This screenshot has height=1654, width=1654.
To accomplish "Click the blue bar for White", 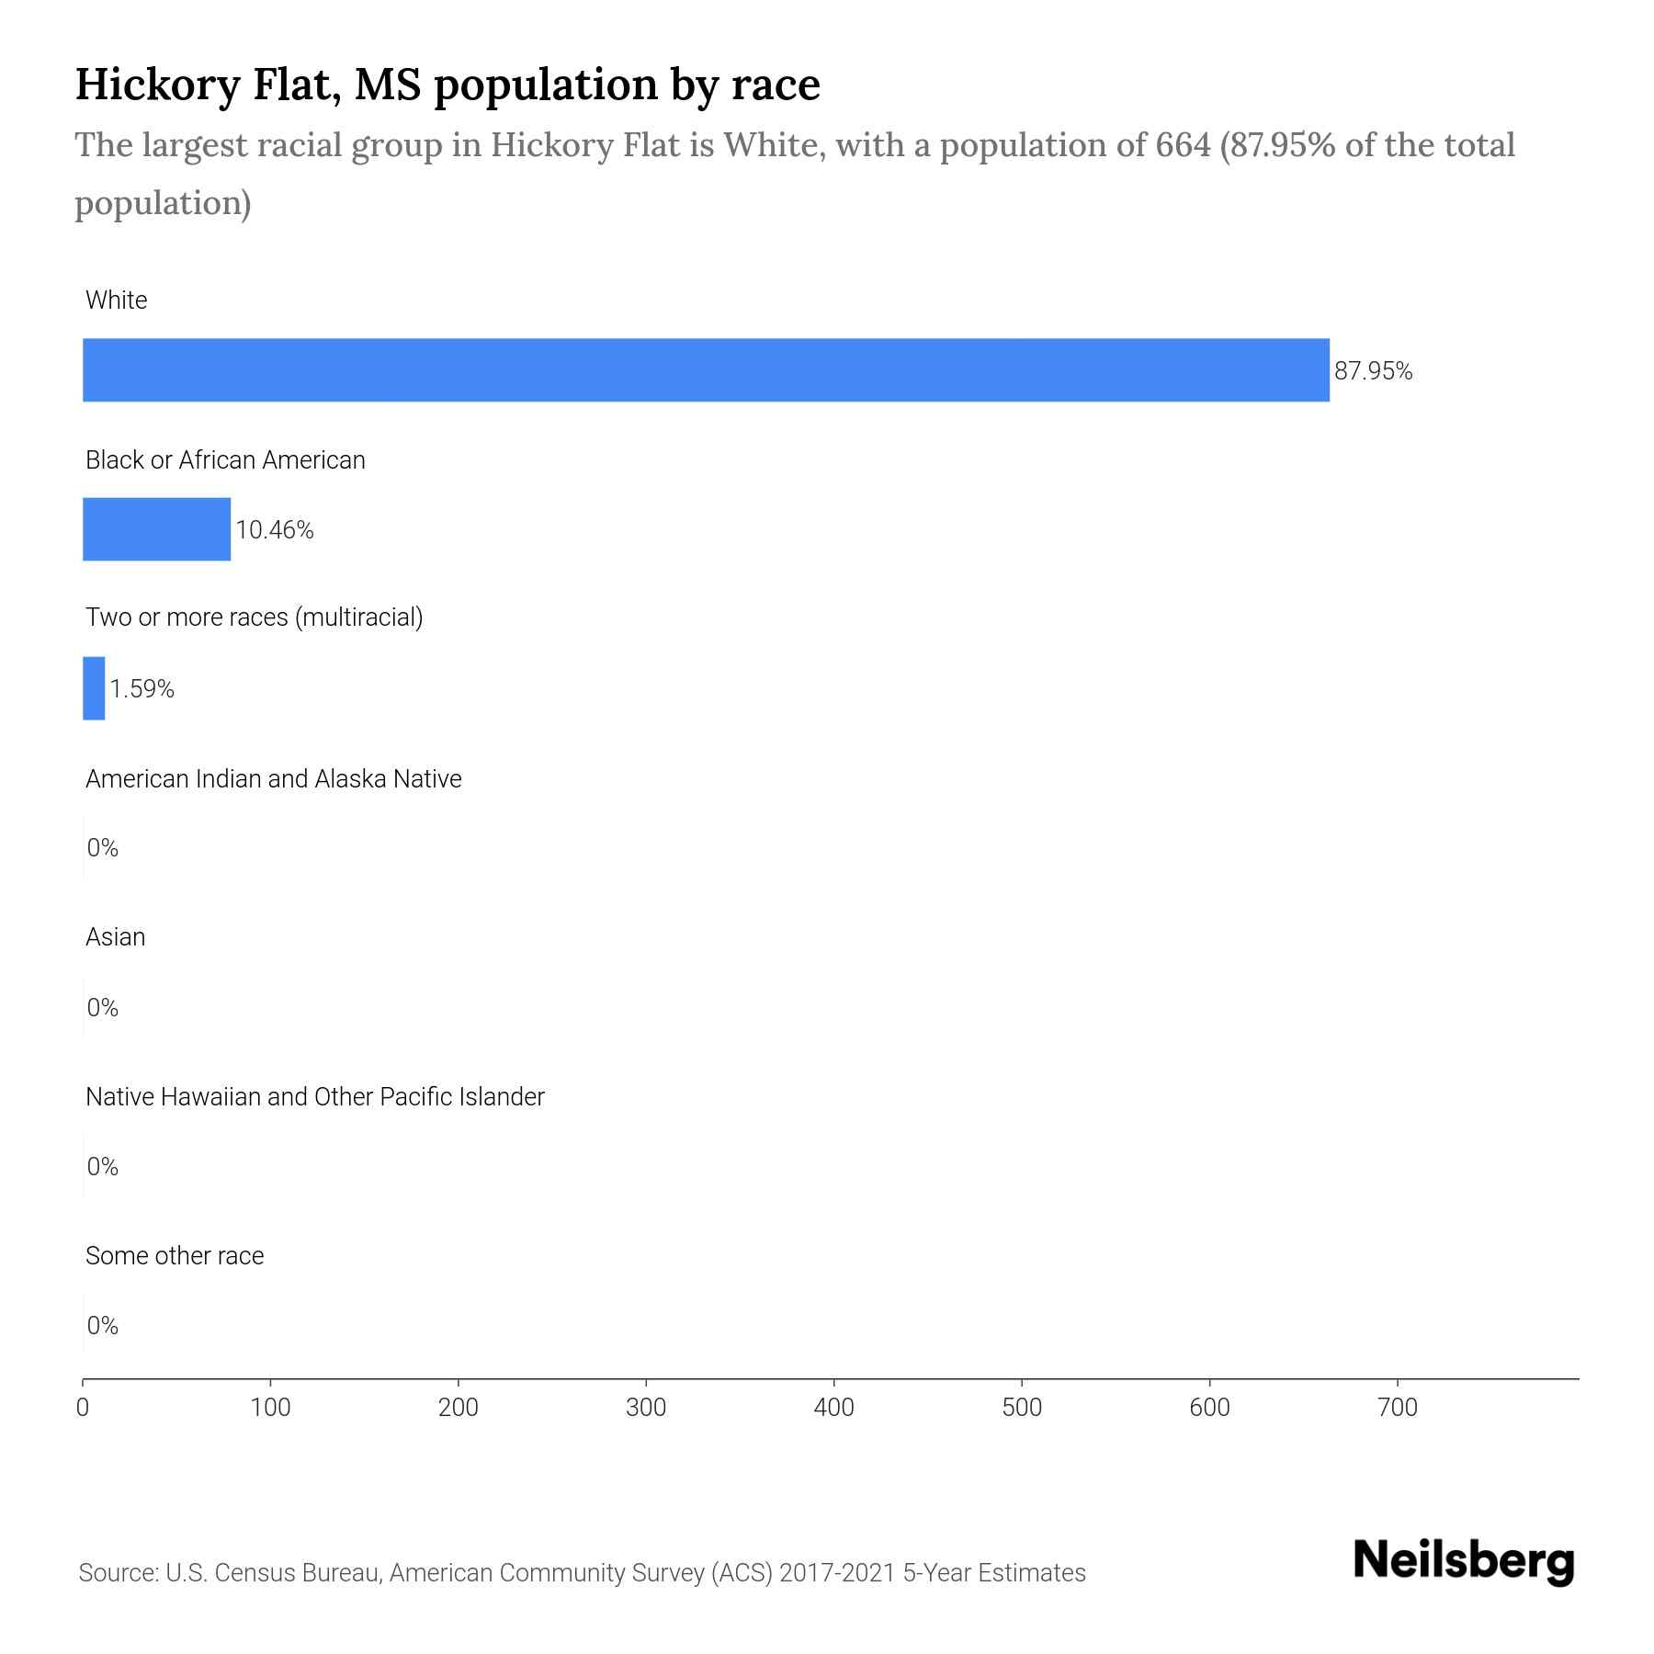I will [706, 369].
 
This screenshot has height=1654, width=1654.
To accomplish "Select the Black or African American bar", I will [156, 529].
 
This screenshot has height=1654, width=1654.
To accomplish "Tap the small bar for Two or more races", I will [94, 688].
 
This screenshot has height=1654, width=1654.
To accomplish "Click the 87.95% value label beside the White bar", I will [1373, 371].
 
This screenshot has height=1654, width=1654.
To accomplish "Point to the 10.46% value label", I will [275, 530].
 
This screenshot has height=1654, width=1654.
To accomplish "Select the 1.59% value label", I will [142, 689].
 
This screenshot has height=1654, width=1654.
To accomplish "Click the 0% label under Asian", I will [103, 1008].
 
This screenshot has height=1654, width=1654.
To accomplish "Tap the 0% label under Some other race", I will [103, 1325].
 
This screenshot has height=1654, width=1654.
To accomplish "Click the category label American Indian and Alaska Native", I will [273, 779].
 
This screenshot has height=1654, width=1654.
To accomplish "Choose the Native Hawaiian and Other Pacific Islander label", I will [314, 1097].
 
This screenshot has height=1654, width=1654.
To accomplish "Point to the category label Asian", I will [115, 937].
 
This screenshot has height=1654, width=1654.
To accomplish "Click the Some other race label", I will [175, 1256].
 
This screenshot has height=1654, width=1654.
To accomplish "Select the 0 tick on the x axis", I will [83, 1407].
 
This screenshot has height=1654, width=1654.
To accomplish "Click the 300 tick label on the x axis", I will [646, 1407].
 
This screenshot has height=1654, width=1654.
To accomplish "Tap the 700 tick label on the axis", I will [1398, 1407].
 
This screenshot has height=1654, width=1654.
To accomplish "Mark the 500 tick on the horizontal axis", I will [1022, 1407].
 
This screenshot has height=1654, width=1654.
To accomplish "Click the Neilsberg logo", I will [1464, 1562].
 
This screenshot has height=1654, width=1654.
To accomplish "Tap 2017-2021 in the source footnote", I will [837, 1573].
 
